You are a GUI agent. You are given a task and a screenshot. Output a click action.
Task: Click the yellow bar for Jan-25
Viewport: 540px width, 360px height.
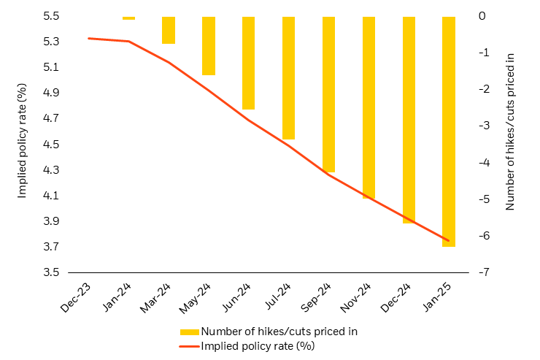tap(448, 131)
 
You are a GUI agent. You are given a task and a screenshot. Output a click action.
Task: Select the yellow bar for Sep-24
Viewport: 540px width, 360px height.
tap(328, 94)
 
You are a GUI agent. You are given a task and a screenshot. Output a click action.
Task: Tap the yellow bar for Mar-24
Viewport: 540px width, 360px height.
tap(169, 30)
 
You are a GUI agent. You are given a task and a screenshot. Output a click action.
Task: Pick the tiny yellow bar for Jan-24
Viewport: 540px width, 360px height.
tap(128, 18)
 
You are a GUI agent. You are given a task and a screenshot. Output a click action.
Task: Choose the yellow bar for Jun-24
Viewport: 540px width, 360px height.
tap(248, 63)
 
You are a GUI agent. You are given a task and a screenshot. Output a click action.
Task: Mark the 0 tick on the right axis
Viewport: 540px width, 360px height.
tap(482, 16)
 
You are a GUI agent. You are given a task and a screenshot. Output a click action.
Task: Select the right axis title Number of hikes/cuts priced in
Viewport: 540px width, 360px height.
tap(510, 131)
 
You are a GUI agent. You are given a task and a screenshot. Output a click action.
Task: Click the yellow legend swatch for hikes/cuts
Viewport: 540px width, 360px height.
tap(189, 332)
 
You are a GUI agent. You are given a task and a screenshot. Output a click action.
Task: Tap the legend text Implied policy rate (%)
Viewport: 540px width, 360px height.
tap(258, 345)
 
